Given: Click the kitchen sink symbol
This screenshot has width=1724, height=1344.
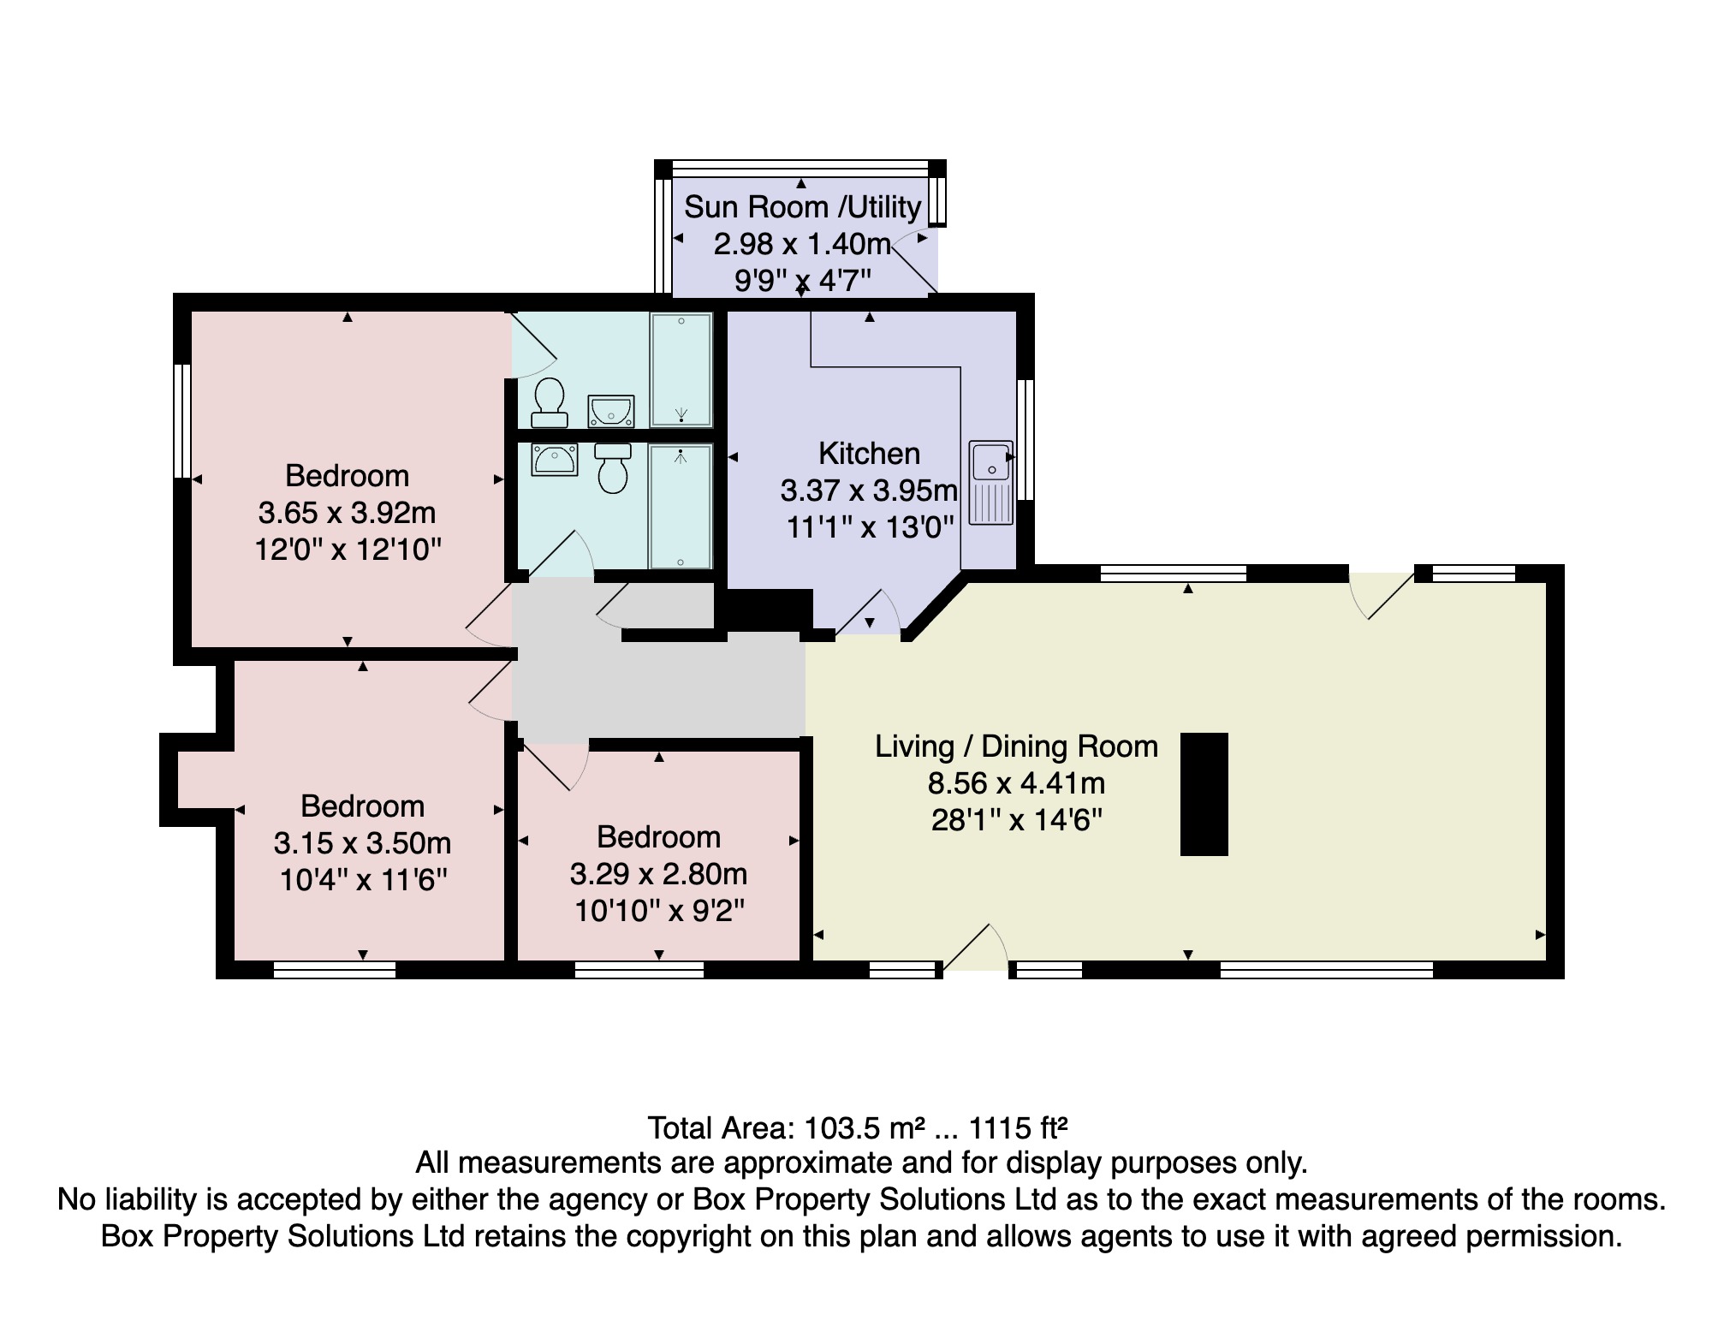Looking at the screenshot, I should tap(990, 482).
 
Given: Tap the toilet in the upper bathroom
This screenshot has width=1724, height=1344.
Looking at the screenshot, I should tap(549, 403).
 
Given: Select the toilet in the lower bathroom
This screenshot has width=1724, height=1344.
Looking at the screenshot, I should tap(613, 468).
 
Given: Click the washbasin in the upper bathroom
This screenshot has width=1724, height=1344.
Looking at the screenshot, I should tap(611, 412).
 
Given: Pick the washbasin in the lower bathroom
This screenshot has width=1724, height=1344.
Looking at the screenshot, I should tap(555, 460).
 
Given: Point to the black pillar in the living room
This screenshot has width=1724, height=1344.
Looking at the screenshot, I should tap(1204, 794).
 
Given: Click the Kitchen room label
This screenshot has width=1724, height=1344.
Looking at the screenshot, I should tap(869, 453).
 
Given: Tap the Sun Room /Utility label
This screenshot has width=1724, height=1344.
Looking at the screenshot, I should tap(802, 206).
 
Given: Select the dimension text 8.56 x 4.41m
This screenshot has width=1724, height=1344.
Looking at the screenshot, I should tap(1016, 782).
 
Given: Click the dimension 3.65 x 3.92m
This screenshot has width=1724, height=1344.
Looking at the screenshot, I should tap(347, 512).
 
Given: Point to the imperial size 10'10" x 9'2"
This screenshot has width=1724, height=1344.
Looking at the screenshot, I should tap(659, 910).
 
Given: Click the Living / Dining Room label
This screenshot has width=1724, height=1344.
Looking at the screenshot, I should tap(1016, 746).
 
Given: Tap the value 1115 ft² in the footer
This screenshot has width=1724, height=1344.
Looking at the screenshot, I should tap(1018, 1127).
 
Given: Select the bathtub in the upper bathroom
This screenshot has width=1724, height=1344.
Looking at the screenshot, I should tap(681, 370).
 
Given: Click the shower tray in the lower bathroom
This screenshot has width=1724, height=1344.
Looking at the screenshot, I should tap(681, 506).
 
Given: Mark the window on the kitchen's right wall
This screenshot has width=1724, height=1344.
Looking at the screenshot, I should tap(1026, 439).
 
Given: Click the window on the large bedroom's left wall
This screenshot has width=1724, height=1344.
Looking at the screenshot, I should tap(181, 420).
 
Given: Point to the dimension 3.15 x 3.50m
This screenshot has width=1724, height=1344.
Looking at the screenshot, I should tap(362, 842).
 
